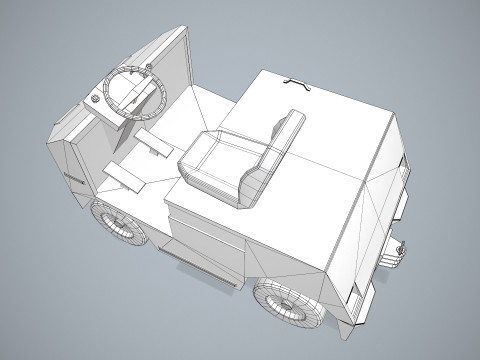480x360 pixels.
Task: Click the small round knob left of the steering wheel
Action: (x=94, y=99)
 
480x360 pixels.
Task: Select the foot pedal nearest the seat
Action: (x=154, y=143)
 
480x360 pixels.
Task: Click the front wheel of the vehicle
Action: (x=120, y=227)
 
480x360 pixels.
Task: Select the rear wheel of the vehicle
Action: (x=287, y=302)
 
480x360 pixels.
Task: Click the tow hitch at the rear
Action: (x=395, y=248)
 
